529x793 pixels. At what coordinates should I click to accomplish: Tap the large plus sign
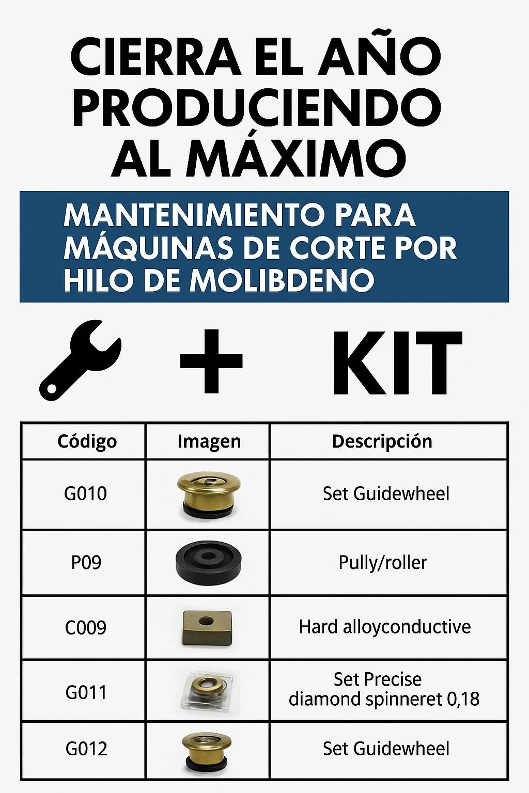click(x=211, y=361)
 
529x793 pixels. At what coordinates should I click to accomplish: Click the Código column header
click(x=87, y=441)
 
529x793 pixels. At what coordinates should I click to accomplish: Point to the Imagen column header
click(x=209, y=441)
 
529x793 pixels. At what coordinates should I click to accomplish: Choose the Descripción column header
click(x=382, y=441)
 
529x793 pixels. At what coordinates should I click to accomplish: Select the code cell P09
click(x=86, y=562)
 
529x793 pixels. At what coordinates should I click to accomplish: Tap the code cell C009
click(x=85, y=627)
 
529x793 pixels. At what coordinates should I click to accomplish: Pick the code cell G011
click(x=86, y=692)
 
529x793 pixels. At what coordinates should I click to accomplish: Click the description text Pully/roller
click(x=383, y=562)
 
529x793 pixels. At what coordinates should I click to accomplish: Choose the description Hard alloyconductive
click(x=385, y=627)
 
